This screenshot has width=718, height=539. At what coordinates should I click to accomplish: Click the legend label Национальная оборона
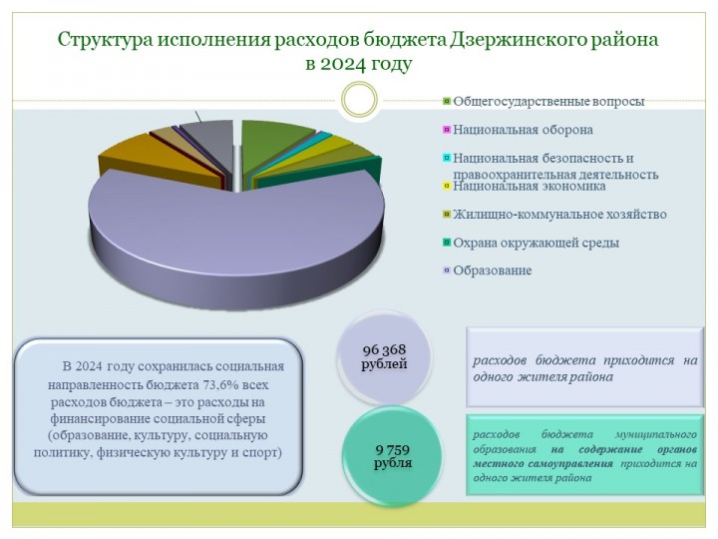[x=523, y=130]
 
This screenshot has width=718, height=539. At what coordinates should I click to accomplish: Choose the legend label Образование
[x=493, y=270]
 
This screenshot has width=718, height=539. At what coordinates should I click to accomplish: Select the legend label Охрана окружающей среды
[x=536, y=243]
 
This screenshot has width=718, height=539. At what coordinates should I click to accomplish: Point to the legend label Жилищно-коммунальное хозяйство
[x=559, y=214]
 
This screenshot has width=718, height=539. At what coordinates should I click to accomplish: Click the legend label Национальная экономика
[x=530, y=186]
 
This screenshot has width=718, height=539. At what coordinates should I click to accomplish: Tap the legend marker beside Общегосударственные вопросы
[x=447, y=101]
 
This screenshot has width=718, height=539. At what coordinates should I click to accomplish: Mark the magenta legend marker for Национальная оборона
[x=447, y=130]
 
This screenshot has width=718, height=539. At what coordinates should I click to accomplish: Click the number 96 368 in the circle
[x=384, y=349]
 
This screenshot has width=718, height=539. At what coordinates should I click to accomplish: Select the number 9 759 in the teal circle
[x=393, y=449]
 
